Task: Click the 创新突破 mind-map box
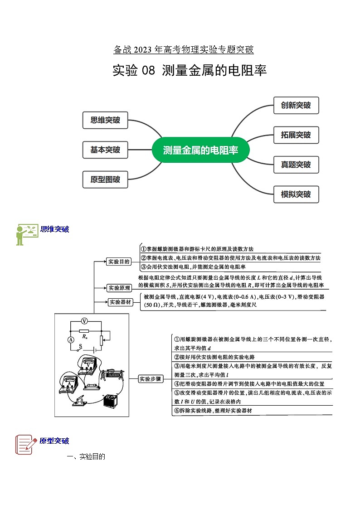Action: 296,106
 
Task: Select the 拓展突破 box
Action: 296,135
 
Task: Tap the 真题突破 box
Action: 296,165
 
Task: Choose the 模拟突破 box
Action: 296,194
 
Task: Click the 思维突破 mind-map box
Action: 105,120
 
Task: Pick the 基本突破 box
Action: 105,150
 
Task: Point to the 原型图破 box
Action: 105,179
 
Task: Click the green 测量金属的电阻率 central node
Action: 200,150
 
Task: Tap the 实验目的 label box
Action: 119,262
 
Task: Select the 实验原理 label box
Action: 119,287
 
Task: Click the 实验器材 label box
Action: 121,302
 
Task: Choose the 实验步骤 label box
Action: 150,379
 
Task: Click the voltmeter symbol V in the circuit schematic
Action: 84,321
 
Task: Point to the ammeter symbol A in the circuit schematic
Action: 71,340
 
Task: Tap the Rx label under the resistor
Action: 84,337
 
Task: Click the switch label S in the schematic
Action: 81,346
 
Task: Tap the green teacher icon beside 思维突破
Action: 26,234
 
